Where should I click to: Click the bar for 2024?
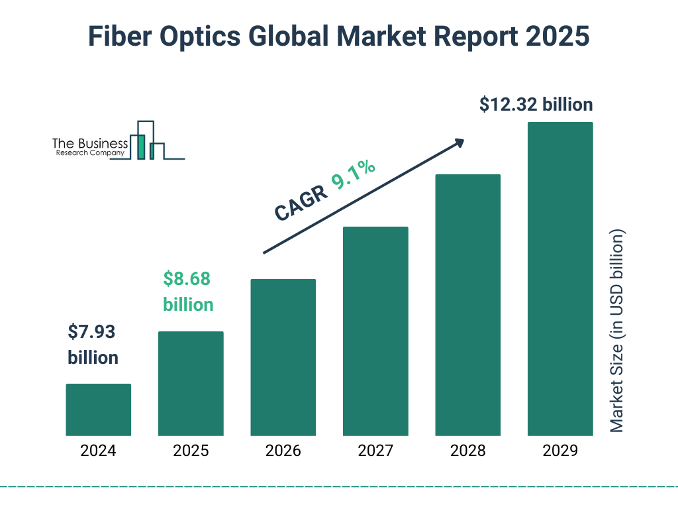pyautogui.click(x=98, y=410)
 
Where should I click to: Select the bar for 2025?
pyautogui.click(x=191, y=383)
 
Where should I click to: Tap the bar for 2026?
pyautogui.click(x=283, y=357)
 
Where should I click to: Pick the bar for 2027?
pyautogui.click(x=375, y=331)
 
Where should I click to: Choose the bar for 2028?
pyautogui.click(x=467, y=305)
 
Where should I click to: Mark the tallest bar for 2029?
pyautogui.click(x=560, y=279)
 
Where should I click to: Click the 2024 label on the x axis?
pyautogui.click(x=98, y=451)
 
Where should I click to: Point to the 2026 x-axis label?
pyautogui.click(x=283, y=451)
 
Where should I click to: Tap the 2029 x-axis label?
pyautogui.click(x=560, y=451)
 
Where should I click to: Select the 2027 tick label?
pyautogui.click(x=375, y=451)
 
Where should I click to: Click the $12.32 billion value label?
pyautogui.click(x=536, y=104)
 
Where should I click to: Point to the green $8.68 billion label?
pyautogui.click(x=188, y=292)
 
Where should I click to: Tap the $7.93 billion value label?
pyautogui.click(x=93, y=345)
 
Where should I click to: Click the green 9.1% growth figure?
pyautogui.click(x=354, y=175)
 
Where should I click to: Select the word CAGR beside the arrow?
pyautogui.click(x=300, y=202)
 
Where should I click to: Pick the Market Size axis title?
pyautogui.click(x=617, y=331)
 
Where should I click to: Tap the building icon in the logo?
pyautogui.click(x=149, y=141)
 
